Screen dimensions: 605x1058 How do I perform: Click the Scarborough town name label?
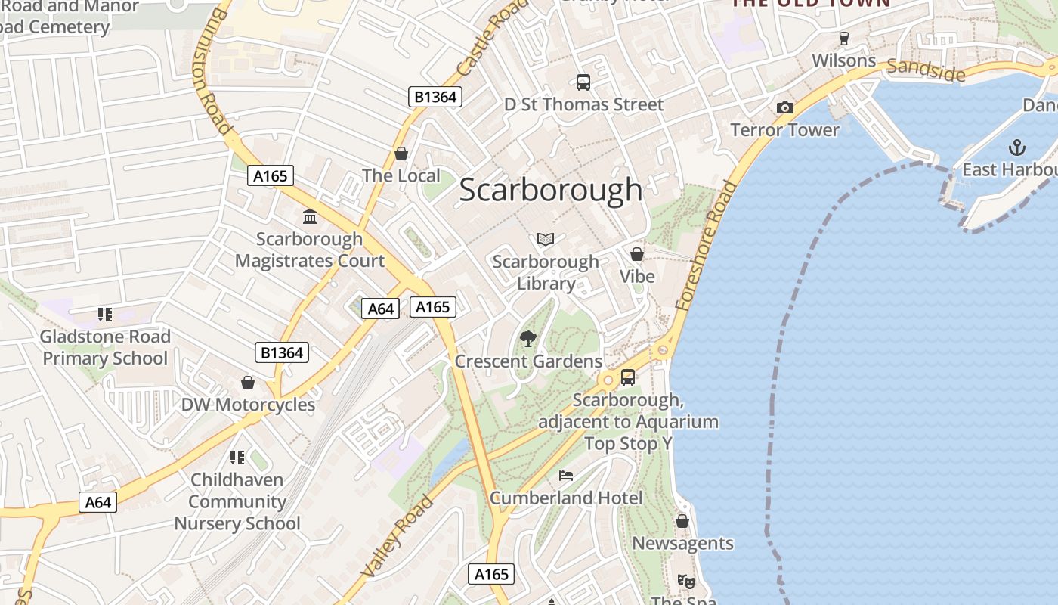551,190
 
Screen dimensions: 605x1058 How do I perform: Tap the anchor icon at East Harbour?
1017,147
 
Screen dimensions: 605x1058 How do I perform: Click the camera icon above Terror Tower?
785,108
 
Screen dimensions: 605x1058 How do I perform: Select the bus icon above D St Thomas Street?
583,82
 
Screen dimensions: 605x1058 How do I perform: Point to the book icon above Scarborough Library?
546,240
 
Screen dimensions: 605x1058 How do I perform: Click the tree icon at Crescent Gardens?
528,338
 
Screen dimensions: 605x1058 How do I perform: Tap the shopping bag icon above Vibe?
637,254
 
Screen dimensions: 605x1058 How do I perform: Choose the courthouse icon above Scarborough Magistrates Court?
310,217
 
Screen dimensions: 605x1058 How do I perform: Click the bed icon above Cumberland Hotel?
566,476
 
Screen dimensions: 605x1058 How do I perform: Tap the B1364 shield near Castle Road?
435,96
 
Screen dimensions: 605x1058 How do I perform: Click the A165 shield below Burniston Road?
271,176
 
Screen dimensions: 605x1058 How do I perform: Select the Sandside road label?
926,70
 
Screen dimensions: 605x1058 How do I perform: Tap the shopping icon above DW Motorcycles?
247,383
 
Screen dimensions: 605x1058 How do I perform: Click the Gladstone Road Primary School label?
105,347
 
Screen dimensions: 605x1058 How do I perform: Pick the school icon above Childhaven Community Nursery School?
237,458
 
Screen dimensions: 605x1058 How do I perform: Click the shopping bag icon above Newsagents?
682,521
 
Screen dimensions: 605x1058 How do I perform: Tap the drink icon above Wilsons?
844,38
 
